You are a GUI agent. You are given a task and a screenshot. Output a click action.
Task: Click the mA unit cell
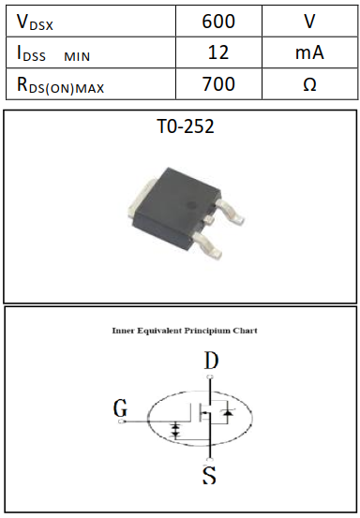(309, 52)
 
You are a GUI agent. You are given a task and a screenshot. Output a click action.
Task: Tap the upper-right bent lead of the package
(231, 212)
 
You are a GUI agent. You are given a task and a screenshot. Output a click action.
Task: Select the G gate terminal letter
(120, 409)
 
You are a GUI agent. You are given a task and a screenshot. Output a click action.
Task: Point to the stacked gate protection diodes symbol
(175, 432)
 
